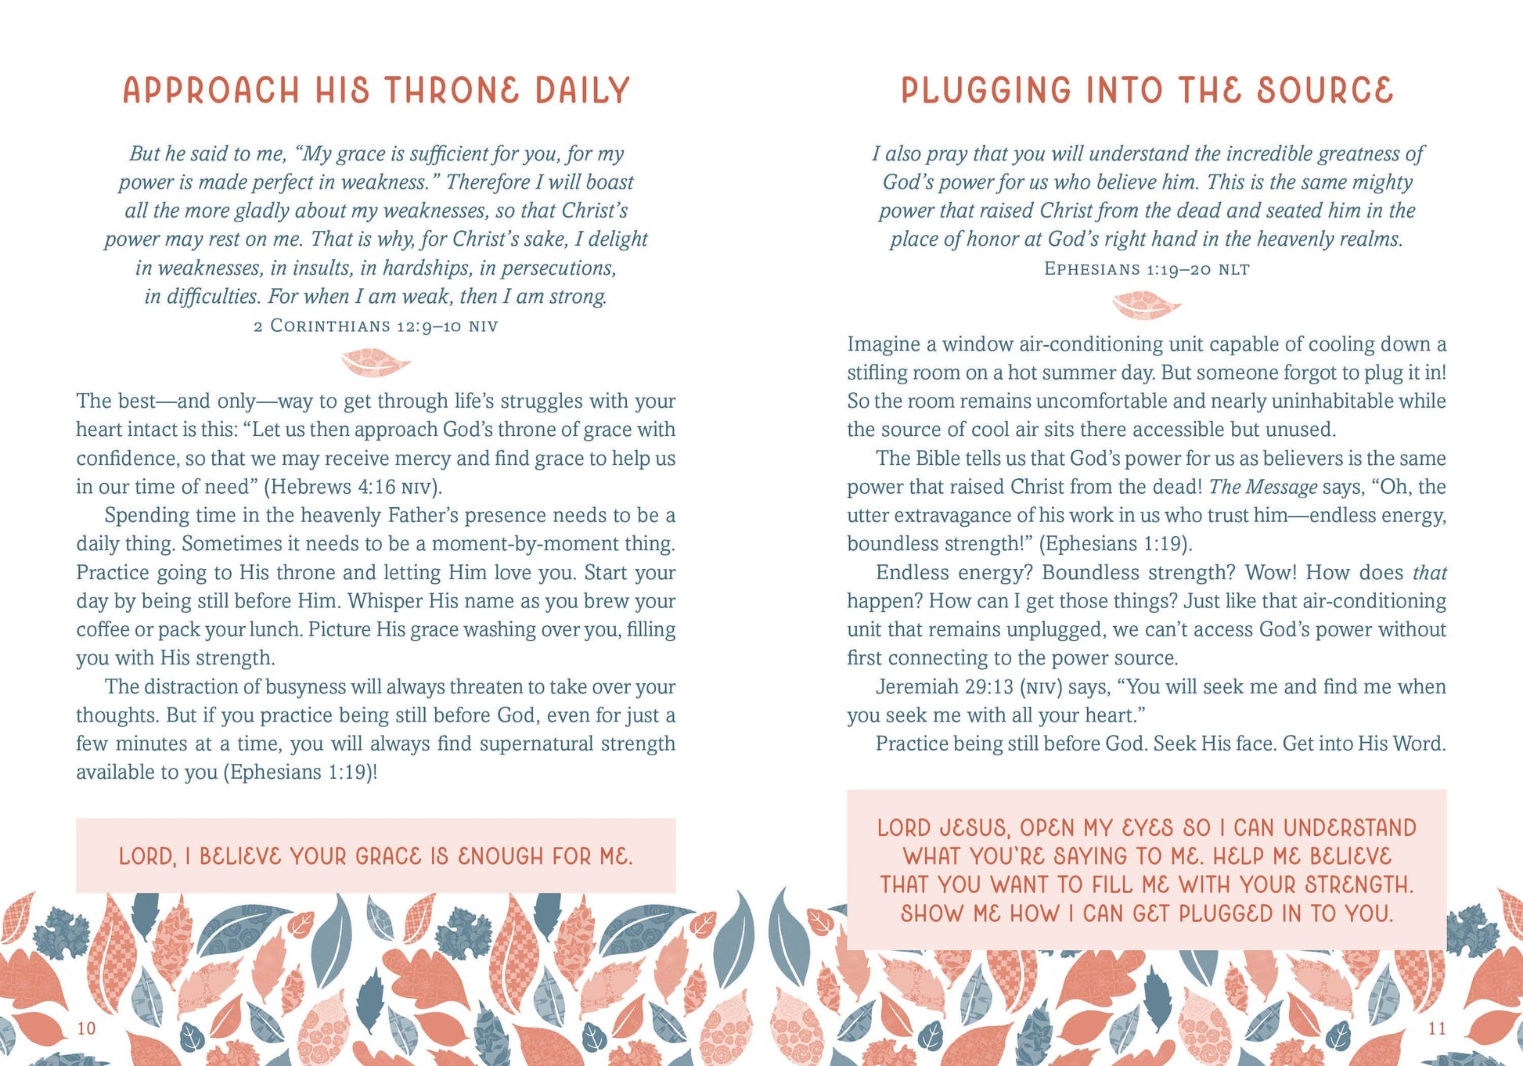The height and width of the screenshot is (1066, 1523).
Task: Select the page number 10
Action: point(86,1028)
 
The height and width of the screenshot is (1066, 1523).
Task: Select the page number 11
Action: point(1437,1028)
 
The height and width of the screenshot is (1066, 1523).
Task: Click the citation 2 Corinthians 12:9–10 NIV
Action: point(376,326)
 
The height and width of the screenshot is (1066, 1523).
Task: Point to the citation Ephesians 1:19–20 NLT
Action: point(1147,269)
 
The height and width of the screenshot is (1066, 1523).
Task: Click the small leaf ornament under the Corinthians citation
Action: point(376,362)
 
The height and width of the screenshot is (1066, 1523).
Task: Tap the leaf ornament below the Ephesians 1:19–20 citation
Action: point(1147,305)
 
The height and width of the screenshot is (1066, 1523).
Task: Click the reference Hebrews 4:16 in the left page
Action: point(333,487)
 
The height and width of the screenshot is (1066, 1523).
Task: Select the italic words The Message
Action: point(1262,487)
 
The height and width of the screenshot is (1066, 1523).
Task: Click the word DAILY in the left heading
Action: point(582,91)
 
